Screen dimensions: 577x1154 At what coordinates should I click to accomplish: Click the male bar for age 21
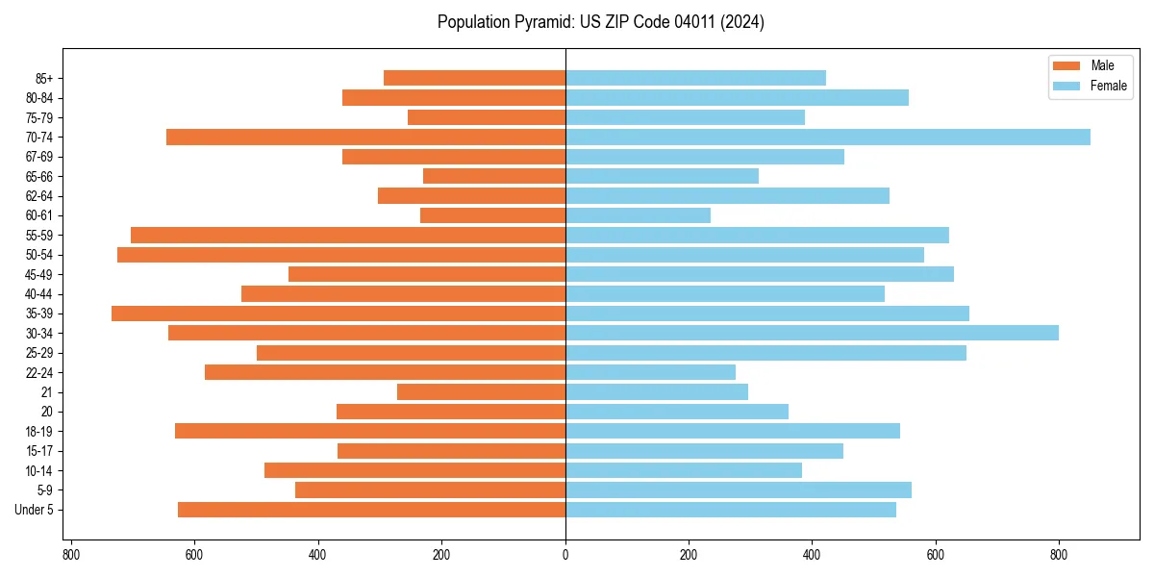pyautogui.click(x=481, y=392)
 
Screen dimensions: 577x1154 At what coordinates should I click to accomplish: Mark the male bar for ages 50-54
pyautogui.click(x=341, y=255)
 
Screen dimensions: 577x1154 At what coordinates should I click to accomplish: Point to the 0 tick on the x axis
pyautogui.click(x=565, y=555)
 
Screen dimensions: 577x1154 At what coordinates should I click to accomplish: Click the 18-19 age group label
pyautogui.click(x=39, y=432)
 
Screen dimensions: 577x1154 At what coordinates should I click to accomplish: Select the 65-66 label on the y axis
pyautogui.click(x=39, y=176)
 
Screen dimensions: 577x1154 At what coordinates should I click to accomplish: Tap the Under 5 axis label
pyautogui.click(x=35, y=510)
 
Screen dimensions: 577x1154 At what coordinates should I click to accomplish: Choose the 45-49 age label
pyautogui.click(x=39, y=274)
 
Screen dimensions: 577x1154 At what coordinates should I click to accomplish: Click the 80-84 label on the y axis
pyautogui.click(x=39, y=97)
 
